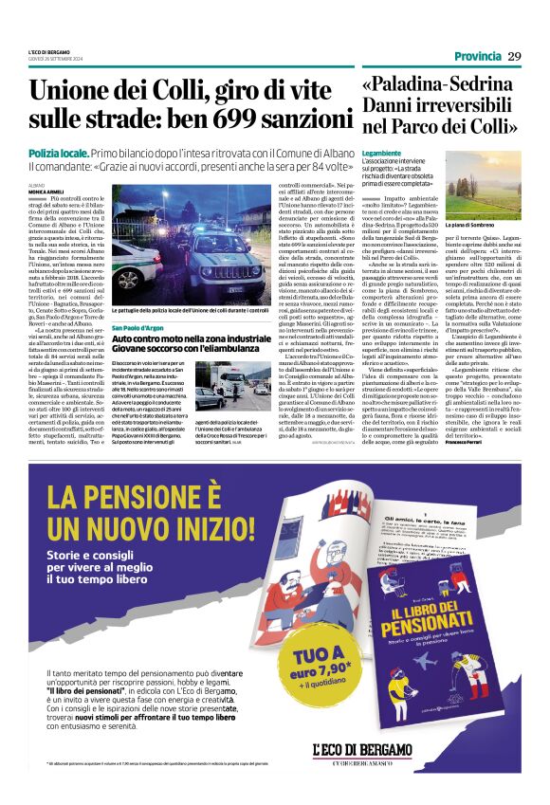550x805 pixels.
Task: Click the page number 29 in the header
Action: coord(514,57)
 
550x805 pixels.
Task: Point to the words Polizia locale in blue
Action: coord(59,152)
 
